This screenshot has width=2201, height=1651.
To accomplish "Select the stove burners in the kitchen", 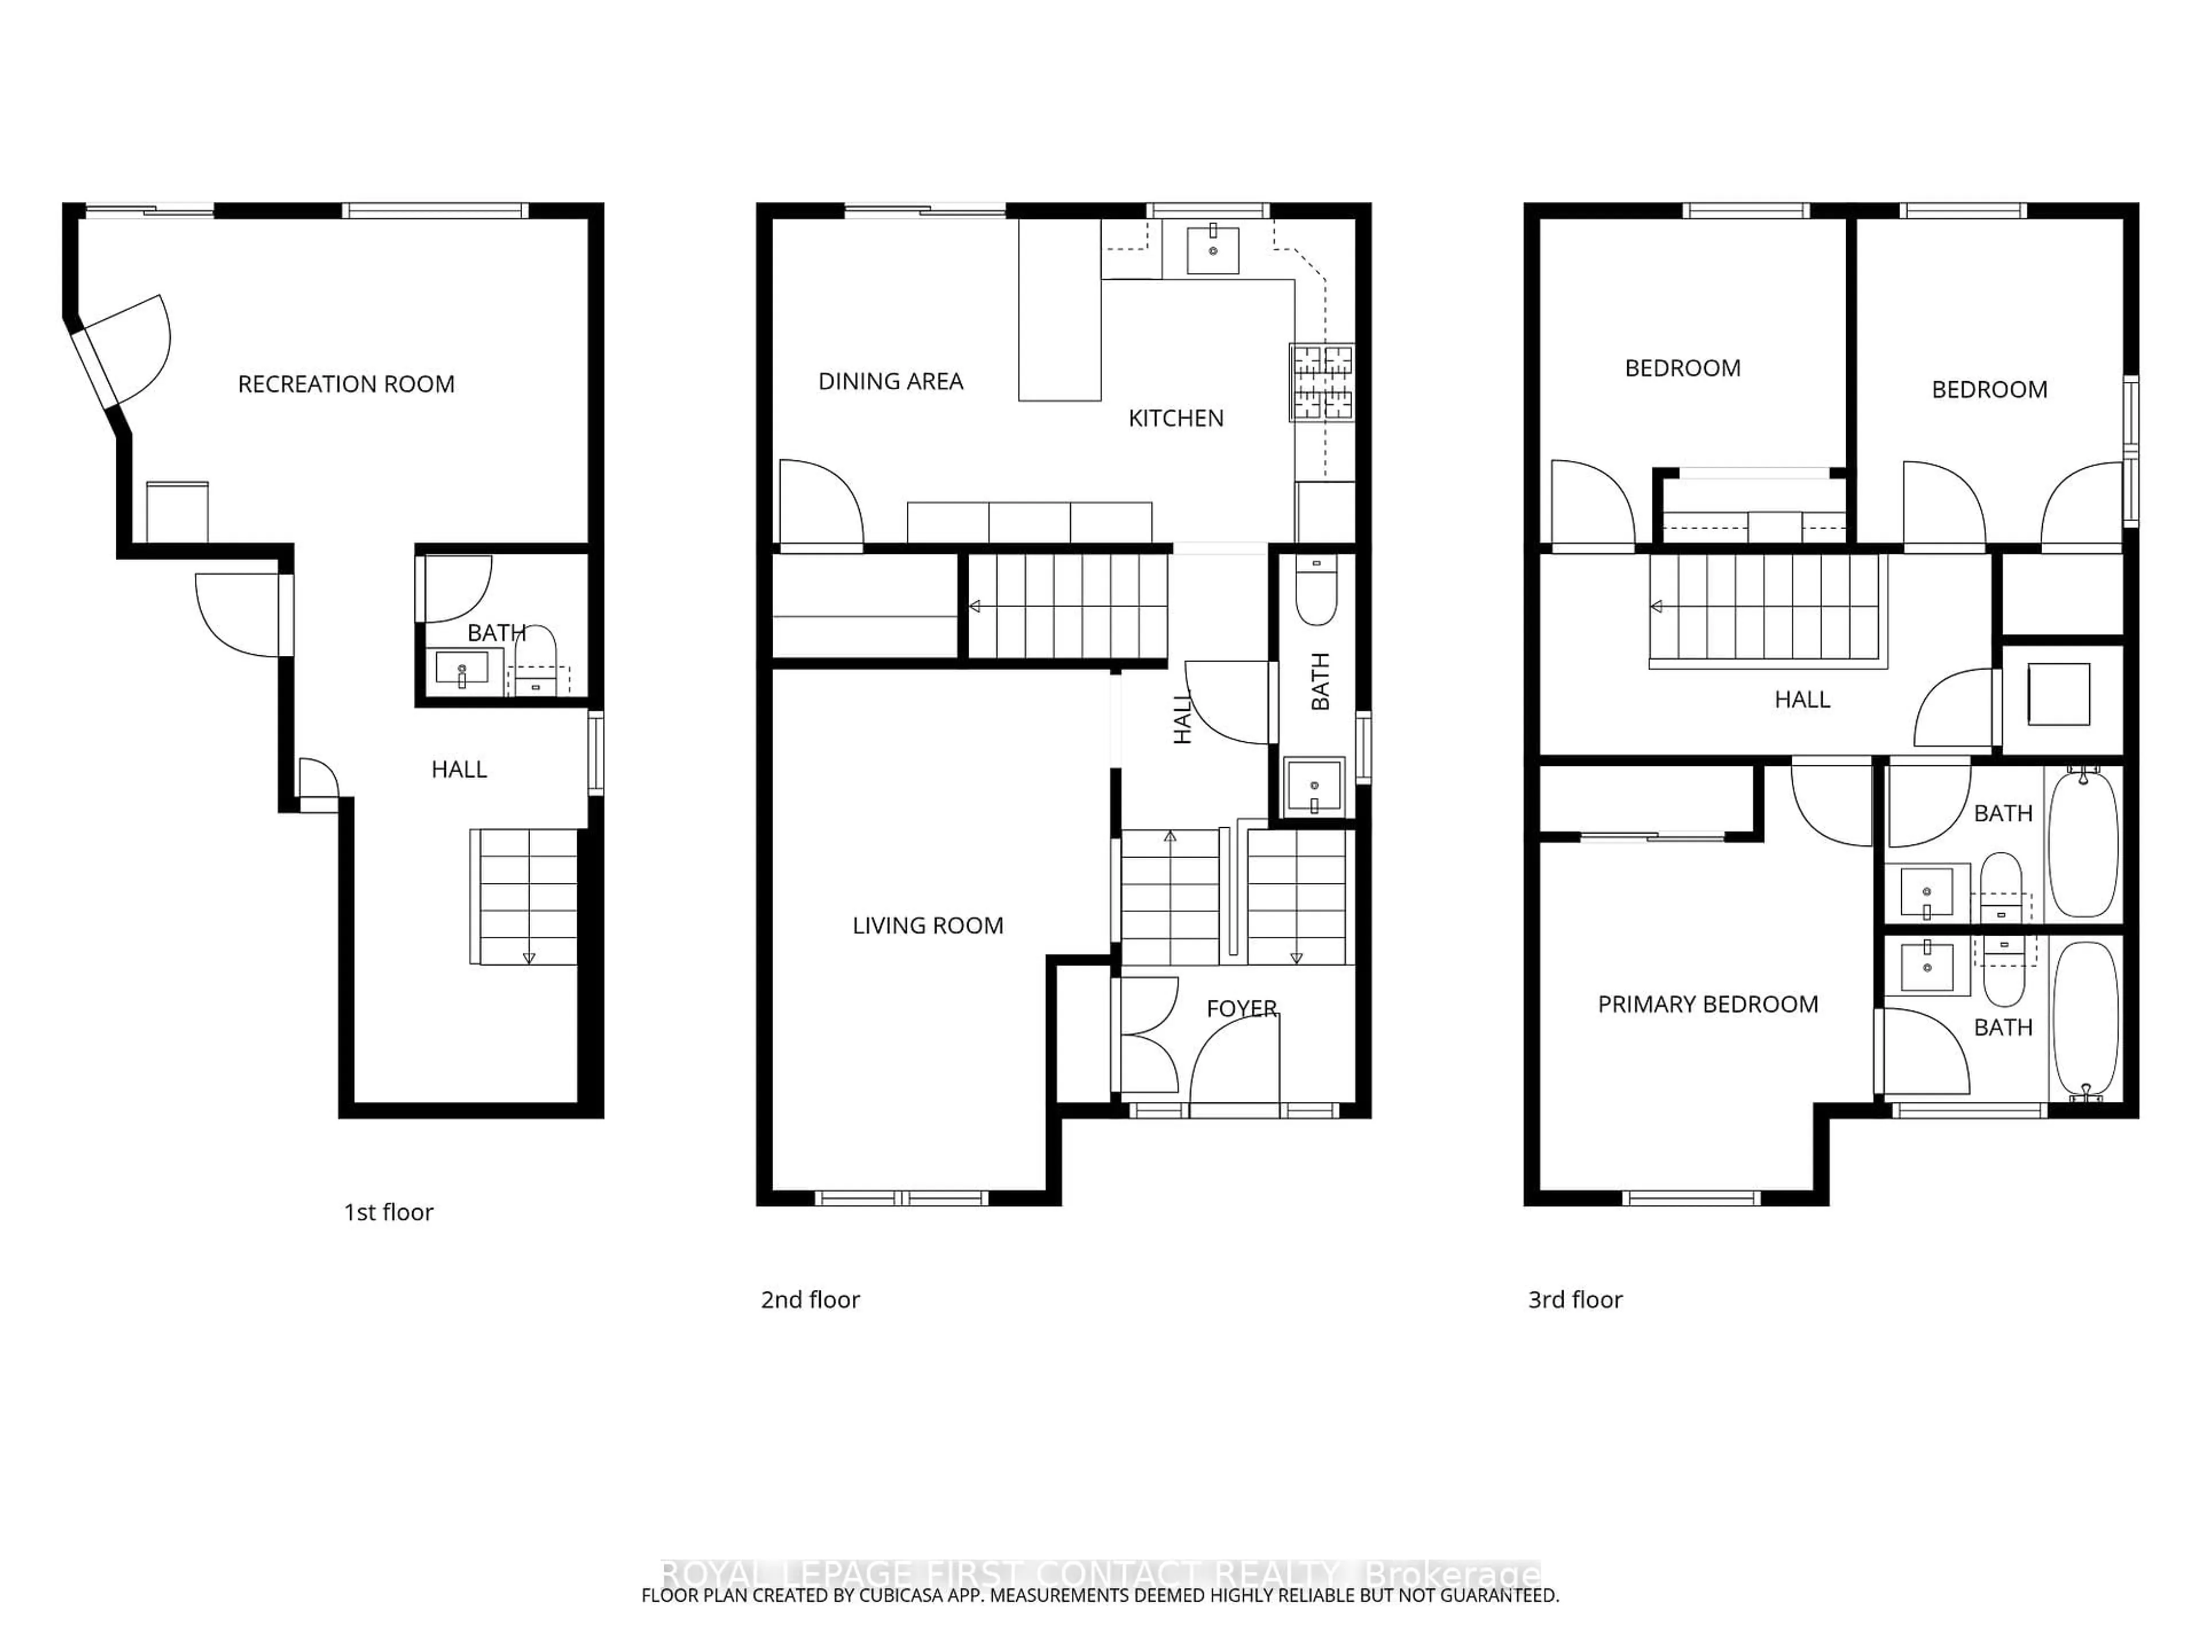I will [1321, 382].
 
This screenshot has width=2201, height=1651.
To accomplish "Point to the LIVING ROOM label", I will [927, 925].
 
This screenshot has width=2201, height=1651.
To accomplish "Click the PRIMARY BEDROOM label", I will [1707, 1004].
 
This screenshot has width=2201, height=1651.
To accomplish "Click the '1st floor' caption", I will [388, 1212].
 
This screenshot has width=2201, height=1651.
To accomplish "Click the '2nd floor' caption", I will [810, 1300].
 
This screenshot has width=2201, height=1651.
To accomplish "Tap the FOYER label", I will [1241, 1008].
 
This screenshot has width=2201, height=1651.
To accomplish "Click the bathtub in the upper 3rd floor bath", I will [2083, 842].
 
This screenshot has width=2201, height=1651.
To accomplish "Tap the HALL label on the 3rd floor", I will [1802, 699].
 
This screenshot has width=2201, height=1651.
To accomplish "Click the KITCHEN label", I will [1175, 418].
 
